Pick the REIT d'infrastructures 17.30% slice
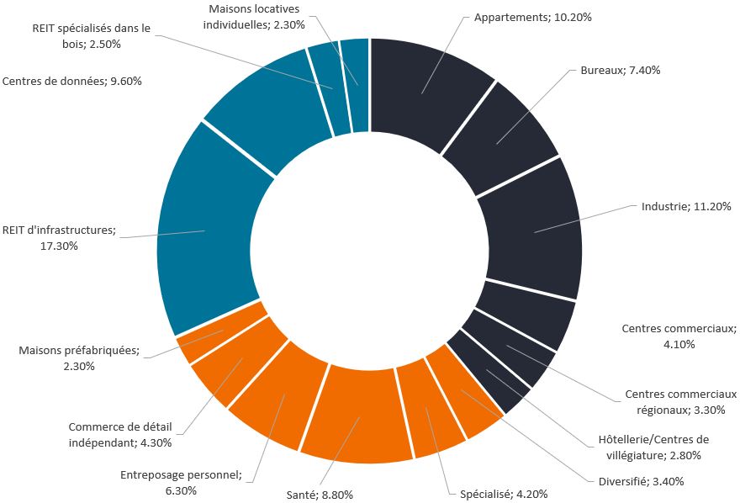pyautogui.click(x=206, y=231)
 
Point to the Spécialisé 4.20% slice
pyautogui.click(x=429, y=410)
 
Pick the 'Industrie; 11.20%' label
pyautogui.click(x=686, y=206)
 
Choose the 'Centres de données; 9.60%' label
pyautogui.click(x=72, y=82)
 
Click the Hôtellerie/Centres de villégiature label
pyautogui.click(x=653, y=447)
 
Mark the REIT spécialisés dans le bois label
pyautogui.click(x=92, y=35)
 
